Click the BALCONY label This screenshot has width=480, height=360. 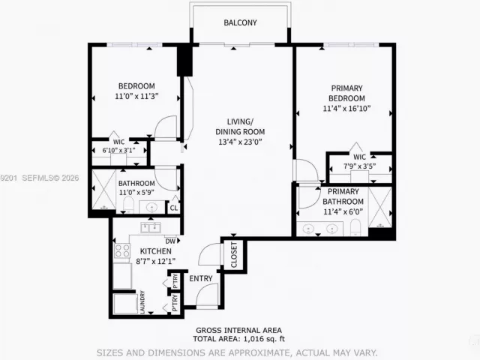(240, 23)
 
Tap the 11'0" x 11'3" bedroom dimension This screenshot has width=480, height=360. (136, 96)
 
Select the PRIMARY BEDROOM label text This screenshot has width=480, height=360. (347, 93)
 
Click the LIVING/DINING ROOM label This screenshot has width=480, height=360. (241, 127)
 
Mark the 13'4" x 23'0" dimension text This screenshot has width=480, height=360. (241, 142)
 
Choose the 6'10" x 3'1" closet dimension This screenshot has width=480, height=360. (118, 150)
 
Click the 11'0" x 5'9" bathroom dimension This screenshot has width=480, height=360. (136, 193)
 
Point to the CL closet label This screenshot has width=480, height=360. (173, 208)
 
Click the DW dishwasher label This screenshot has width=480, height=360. (170, 240)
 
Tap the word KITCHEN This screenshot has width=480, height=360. (136, 251)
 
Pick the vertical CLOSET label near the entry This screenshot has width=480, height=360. (233, 255)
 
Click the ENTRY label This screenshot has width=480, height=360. (201, 278)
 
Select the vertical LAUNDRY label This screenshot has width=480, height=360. (142, 302)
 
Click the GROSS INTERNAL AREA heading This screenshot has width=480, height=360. (239, 330)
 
